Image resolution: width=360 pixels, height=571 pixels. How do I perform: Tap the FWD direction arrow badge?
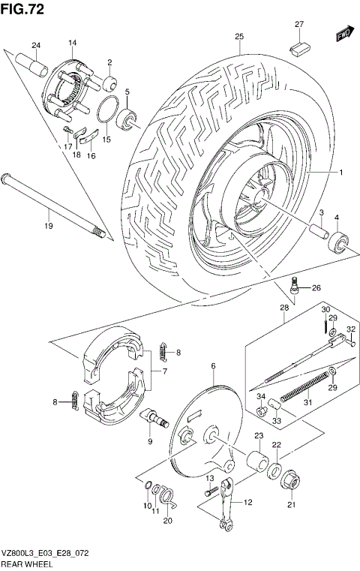344,34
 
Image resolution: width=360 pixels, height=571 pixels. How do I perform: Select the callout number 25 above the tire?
239,37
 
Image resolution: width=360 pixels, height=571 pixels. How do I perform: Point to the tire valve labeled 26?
295,286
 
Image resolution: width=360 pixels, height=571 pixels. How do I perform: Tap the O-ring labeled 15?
108,110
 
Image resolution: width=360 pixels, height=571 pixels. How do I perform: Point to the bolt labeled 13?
212,491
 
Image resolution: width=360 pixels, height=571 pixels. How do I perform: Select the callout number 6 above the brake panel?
213,365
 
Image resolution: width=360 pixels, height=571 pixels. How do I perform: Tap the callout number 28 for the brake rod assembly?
284,308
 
